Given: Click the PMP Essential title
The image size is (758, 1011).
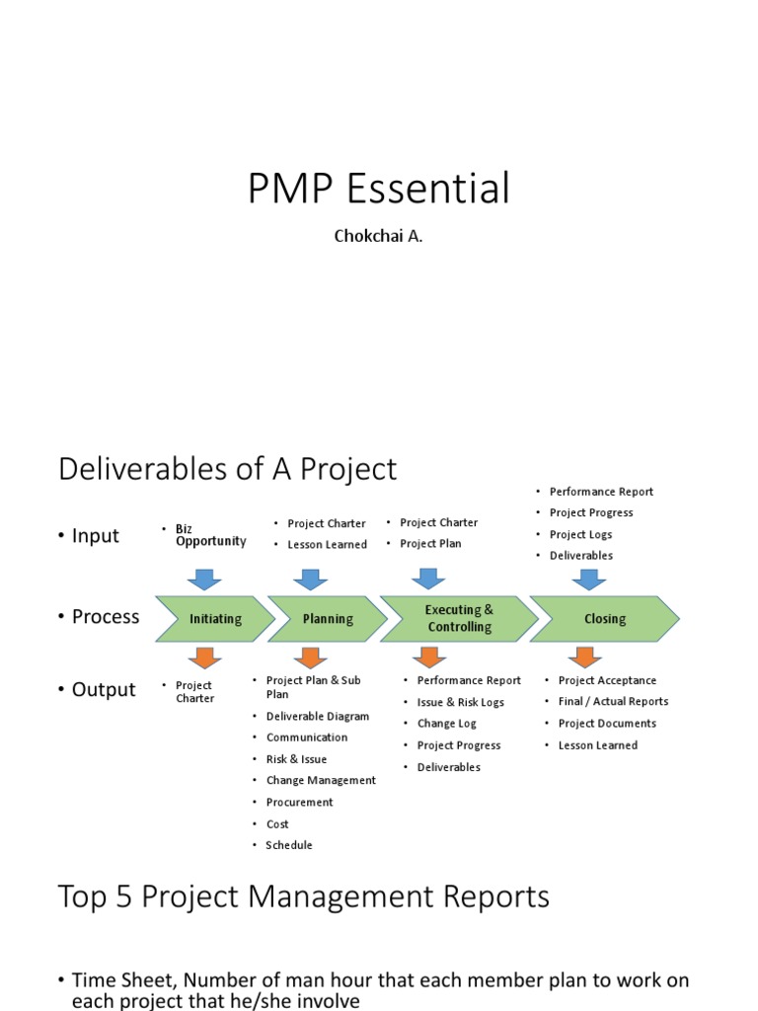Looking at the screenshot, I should click(x=378, y=189).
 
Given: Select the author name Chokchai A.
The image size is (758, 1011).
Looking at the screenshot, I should click(x=379, y=238).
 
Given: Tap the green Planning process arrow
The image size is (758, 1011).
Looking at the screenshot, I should click(x=327, y=619).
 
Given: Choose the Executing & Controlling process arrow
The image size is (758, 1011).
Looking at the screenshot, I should click(x=459, y=618).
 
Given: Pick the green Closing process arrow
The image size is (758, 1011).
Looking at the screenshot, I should click(x=604, y=619).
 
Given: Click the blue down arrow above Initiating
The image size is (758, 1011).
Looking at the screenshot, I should click(x=204, y=579).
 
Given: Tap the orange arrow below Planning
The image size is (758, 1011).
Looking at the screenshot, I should click(x=309, y=658).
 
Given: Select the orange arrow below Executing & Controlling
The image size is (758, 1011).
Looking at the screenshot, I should click(x=427, y=658).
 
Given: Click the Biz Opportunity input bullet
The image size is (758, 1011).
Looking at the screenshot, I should click(x=210, y=535).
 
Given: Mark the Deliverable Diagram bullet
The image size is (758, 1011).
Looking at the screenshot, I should click(x=317, y=717).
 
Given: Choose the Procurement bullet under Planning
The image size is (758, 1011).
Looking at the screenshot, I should click(x=299, y=803).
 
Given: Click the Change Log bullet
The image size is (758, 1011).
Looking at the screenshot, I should click(x=446, y=724).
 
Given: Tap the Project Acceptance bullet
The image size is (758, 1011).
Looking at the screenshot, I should click(x=606, y=680).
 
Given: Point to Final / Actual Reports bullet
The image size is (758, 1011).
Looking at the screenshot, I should click(x=612, y=702).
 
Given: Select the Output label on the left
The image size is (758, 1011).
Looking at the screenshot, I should click(x=103, y=689).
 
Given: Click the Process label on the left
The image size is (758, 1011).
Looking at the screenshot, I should click(x=105, y=617).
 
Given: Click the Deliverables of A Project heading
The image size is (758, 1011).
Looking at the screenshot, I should click(x=227, y=469).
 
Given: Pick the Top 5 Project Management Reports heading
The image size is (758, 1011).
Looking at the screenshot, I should click(x=303, y=896).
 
